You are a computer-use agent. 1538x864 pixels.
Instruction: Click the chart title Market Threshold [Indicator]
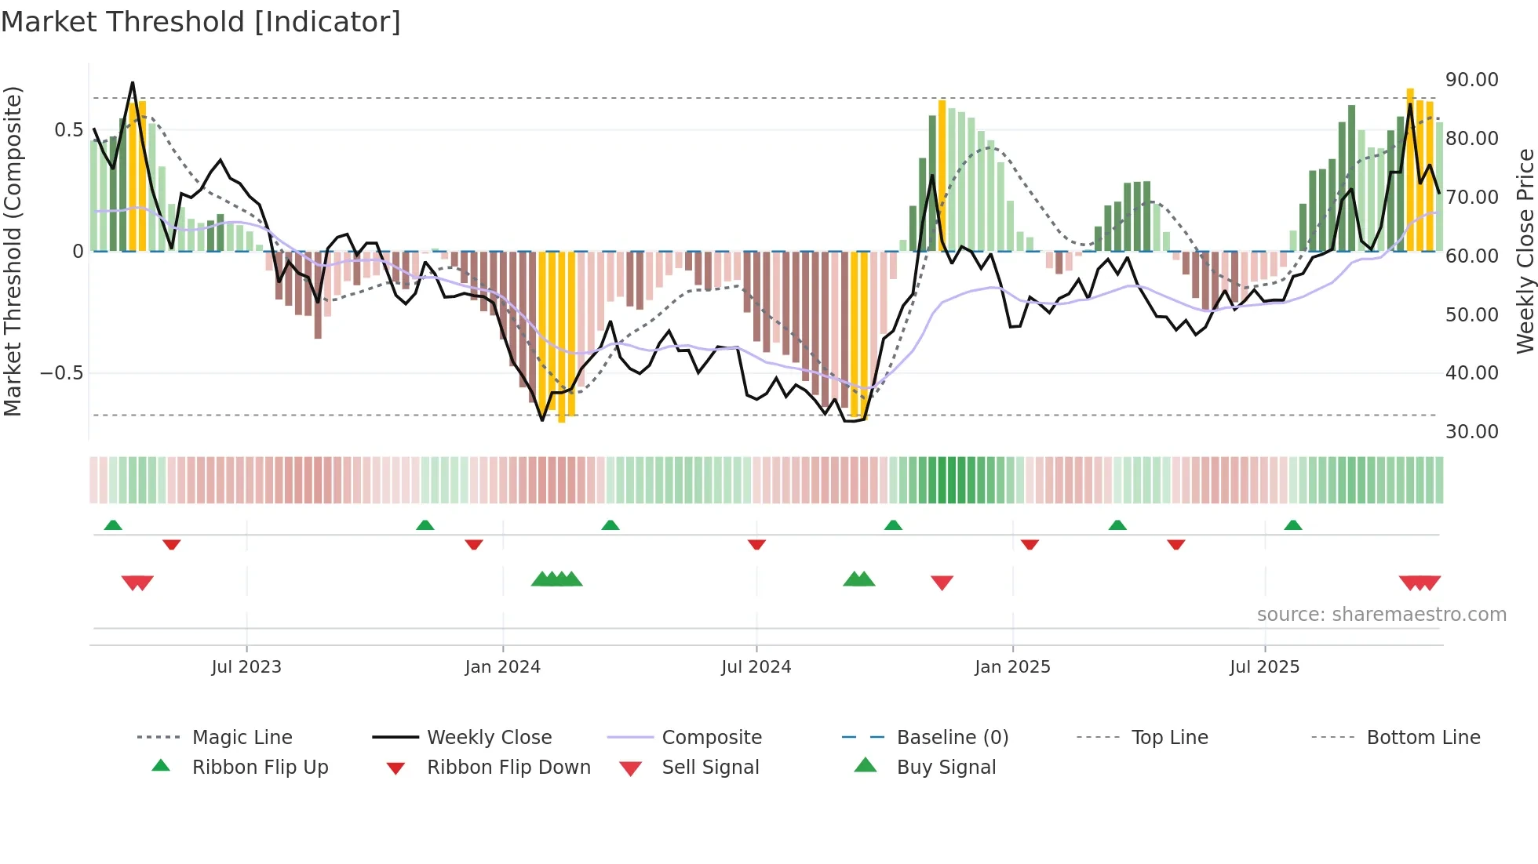click(x=201, y=22)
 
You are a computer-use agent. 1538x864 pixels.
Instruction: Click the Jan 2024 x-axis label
click(x=502, y=667)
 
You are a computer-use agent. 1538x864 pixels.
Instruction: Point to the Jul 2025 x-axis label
click(x=1264, y=667)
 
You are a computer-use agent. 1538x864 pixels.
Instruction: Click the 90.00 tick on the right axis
click(x=1471, y=80)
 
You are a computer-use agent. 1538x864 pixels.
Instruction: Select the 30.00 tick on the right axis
click(x=1471, y=432)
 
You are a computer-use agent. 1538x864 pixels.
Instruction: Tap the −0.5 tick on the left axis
click(x=62, y=373)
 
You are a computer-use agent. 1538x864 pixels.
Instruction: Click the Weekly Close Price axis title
click(x=1525, y=251)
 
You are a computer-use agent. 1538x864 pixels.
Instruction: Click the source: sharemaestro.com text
click(x=1381, y=615)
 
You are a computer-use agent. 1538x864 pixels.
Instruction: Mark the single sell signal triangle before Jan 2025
click(x=942, y=583)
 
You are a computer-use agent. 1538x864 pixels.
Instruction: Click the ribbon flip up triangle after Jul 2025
click(x=1292, y=525)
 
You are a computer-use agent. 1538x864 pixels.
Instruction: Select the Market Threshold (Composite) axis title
click(x=13, y=251)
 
